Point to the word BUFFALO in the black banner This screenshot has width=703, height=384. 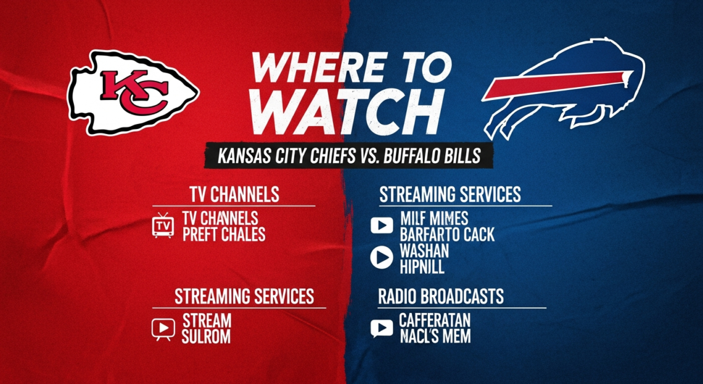tap(411, 156)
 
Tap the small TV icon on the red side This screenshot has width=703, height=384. tap(163, 225)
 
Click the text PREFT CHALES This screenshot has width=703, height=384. tap(224, 235)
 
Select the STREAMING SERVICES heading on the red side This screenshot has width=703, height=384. tap(244, 296)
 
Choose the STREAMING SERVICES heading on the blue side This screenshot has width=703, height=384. tap(450, 194)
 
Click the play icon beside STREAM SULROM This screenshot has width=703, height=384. tap(163, 328)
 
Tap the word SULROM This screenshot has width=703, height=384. tap(206, 336)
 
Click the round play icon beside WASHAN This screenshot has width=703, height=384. tap(381, 258)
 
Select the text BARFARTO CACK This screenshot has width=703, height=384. tap(447, 235)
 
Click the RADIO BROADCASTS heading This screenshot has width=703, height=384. tap(440, 296)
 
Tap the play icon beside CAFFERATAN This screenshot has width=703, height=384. tap(381, 328)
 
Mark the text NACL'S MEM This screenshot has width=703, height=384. tap(435, 336)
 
